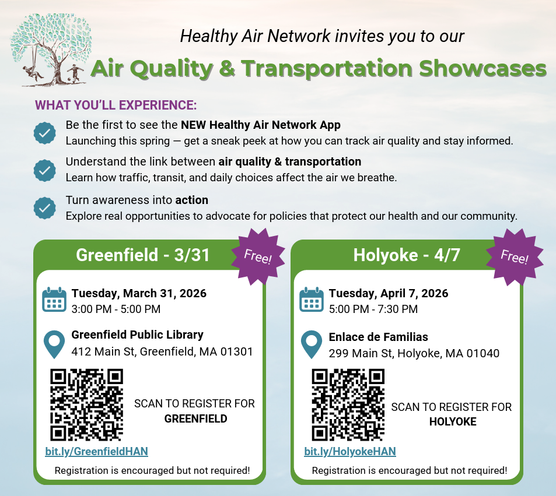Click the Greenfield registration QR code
click(x=86, y=404)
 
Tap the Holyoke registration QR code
click(x=348, y=404)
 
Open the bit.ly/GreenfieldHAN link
click(x=96, y=451)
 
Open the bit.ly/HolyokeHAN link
click(x=350, y=451)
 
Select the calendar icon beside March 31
click(x=54, y=300)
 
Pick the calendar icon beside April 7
click(x=311, y=300)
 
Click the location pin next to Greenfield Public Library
click(x=54, y=344)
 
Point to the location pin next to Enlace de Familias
click(x=311, y=344)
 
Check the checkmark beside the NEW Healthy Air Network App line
click(x=44, y=133)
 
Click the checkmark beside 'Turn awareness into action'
click(x=44, y=207)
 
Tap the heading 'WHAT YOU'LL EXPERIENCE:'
click(x=116, y=105)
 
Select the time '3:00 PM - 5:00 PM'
click(x=116, y=309)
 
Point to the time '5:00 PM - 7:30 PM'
click(x=373, y=309)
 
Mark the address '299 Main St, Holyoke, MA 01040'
click(x=414, y=353)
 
